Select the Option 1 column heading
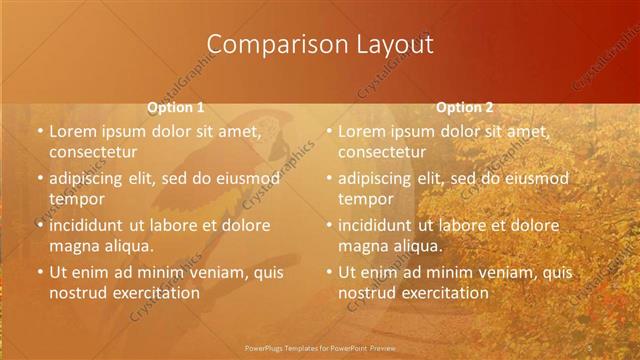pyautogui.click(x=176, y=106)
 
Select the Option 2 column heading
pyautogui.click(x=464, y=106)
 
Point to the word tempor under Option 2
pyautogui.click(x=367, y=199)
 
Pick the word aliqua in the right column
pyautogui.click(x=416, y=246)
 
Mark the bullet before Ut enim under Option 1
pyautogui.click(x=38, y=272)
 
